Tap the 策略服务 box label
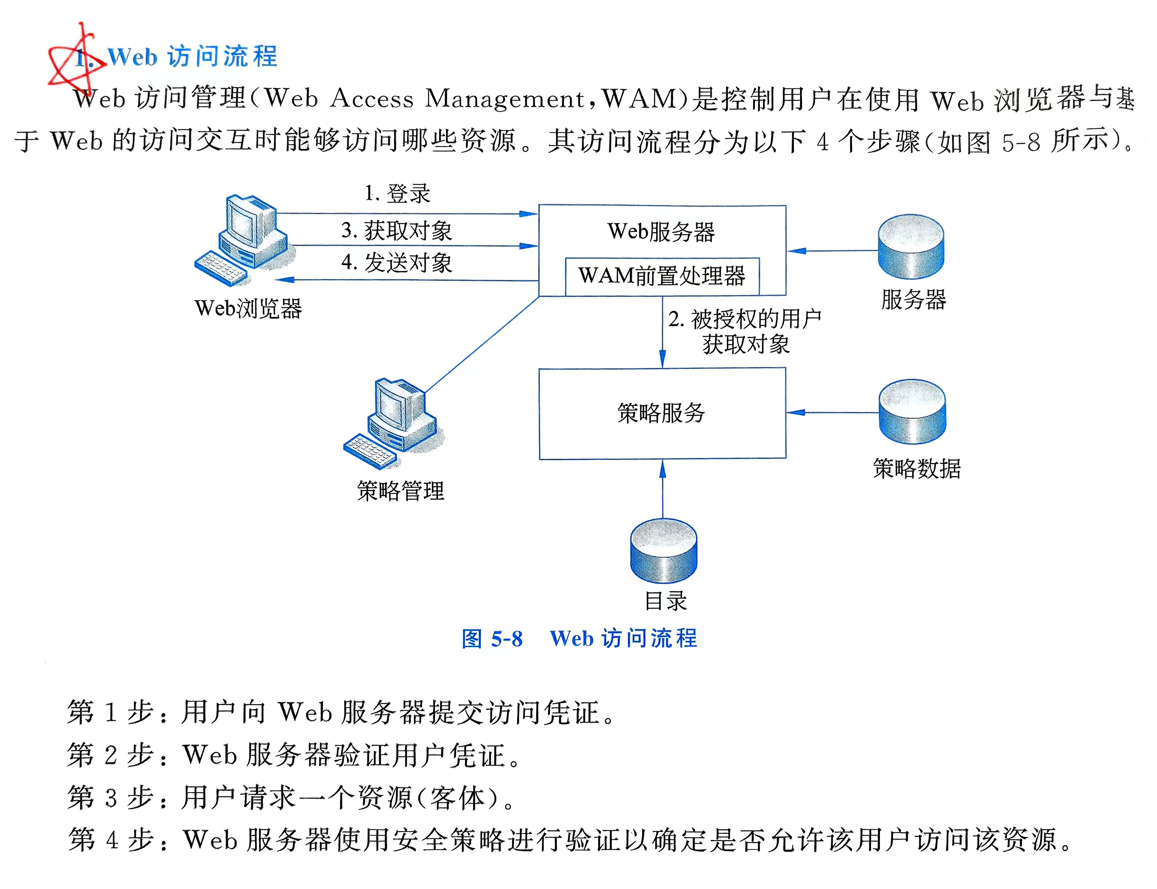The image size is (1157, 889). [661, 413]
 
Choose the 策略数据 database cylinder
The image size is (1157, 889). [912, 412]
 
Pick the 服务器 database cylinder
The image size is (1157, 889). [911, 247]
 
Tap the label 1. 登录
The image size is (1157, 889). [398, 194]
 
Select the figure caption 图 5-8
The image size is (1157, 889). [492, 639]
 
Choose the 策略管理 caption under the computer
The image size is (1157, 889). [401, 491]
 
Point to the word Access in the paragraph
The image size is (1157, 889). [372, 99]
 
